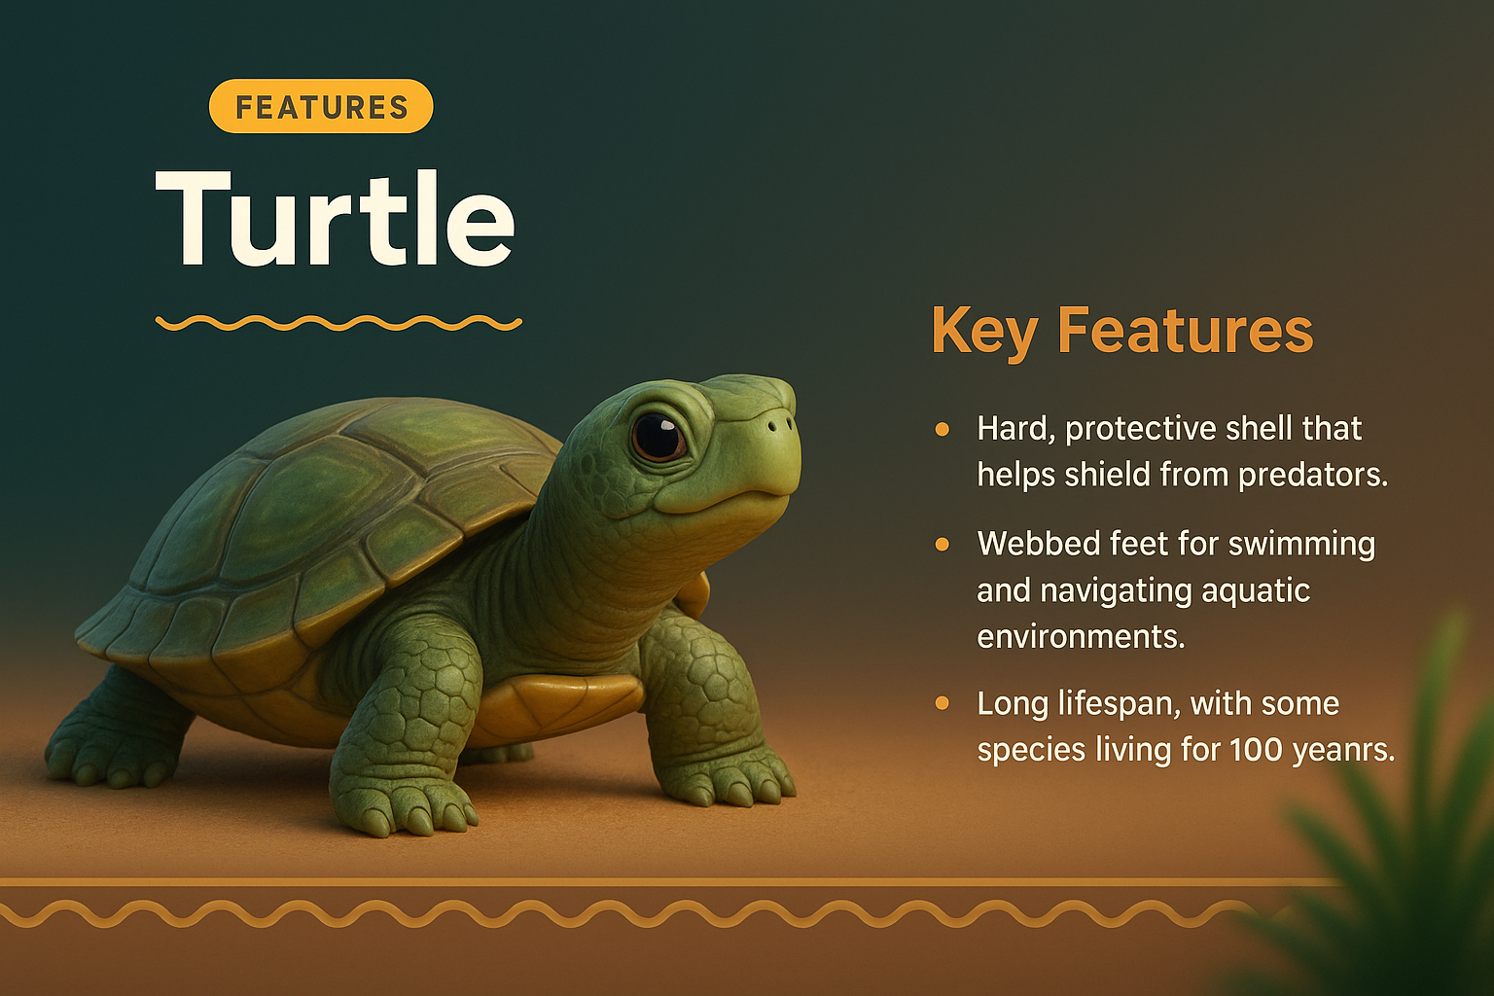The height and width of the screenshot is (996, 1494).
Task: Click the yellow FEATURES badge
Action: click(x=321, y=106)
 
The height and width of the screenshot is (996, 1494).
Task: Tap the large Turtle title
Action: click(x=336, y=219)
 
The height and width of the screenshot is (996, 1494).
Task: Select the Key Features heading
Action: click(x=1121, y=331)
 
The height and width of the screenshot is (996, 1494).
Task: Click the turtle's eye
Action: click(x=658, y=436)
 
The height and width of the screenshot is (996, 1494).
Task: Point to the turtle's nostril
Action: click(x=773, y=425)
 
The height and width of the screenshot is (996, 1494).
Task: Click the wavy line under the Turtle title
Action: click(x=338, y=323)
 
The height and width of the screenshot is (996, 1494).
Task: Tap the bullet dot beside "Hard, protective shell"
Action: click(x=942, y=429)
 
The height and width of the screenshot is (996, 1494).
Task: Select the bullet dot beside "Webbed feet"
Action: click(x=942, y=544)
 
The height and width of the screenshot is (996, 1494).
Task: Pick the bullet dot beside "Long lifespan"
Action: click(x=942, y=703)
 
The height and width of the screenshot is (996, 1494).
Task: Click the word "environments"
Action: click(x=1080, y=637)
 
